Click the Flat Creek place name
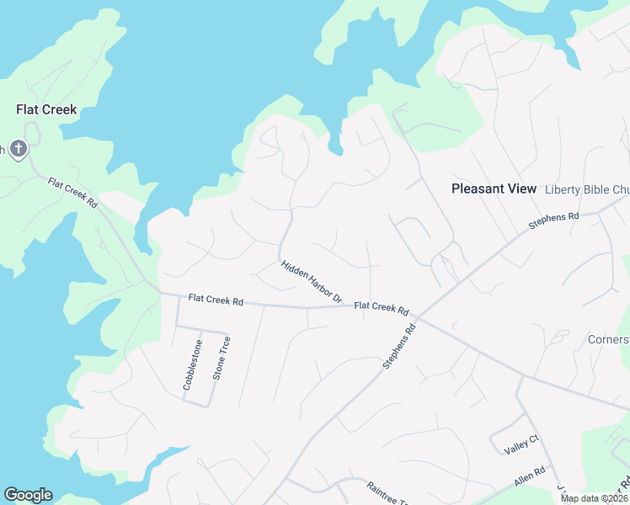pyautogui.click(x=46, y=109)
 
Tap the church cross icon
pyautogui.click(x=19, y=150)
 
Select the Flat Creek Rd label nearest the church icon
pyautogui.click(x=72, y=194)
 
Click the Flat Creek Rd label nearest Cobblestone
pyautogui.click(x=216, y=299)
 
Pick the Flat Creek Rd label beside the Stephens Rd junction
pyautogui.click(x=381, y=308)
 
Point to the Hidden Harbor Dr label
pyautogui.click(x=312, y=281)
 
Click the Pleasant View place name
pyautogui.click(x=494, y=189)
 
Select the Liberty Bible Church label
pyautogui.click(x=587, y=189)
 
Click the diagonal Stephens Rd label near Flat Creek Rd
pyautogui.click(x=399, y=347)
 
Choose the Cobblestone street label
pyautogui.click(x=193, y=364)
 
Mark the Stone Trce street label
pyautogui.click(x=222, y=359)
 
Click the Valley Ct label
pyautogui.click(x=521, y=444)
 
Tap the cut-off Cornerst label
pyautogui.click(x=609, y=339)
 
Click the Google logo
pyautogui.click(x=28, y=495)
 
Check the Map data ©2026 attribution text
pyautogui.click(x=594, y=498)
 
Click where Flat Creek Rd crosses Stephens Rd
pyautogui.click(x=418, y=317)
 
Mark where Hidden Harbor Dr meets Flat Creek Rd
pyautogui.click(x=346, y=306)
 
